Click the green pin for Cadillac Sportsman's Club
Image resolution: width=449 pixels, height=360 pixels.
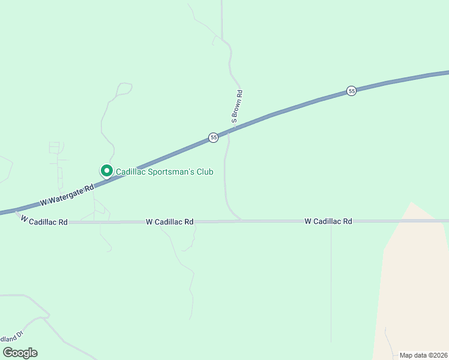click(107, 171)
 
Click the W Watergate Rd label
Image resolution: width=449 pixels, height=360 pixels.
click(67, 195)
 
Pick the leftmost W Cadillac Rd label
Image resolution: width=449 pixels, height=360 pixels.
click(44, 221)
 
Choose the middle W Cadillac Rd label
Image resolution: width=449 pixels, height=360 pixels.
click(169, 222)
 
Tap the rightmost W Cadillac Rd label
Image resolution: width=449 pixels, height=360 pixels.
click(328, 221)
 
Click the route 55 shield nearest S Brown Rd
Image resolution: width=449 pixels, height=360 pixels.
click(213, 138)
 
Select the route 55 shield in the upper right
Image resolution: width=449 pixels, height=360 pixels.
click(352, 91)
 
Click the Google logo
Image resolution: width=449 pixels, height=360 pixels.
click(20, 353)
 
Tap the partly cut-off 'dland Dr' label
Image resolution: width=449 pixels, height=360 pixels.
click(11, 338)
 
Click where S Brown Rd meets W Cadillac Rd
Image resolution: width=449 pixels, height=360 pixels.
click(241, 221)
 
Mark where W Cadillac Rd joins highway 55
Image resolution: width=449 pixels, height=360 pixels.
click(18, 211)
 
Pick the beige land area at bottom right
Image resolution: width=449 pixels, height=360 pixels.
click(414, 288)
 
